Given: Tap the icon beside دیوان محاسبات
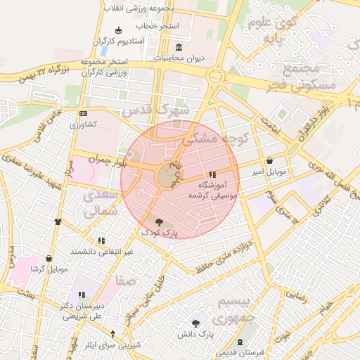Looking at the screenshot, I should (176, 47).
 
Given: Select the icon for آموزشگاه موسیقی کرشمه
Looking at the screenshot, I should (212, 174).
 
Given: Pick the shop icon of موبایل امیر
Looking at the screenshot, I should (271, 160).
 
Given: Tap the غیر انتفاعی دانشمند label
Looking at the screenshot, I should (101, 251).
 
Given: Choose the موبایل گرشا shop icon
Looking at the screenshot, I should (49, 259).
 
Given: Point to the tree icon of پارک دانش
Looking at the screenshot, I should (195, 323).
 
